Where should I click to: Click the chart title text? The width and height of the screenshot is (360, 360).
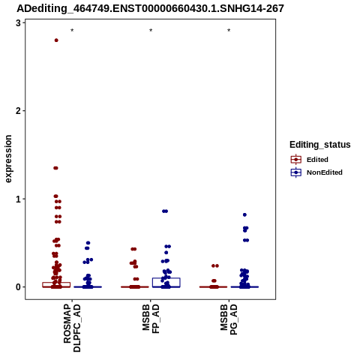[x=150, y=8]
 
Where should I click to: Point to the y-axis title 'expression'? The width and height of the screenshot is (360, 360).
[x=8, y=159]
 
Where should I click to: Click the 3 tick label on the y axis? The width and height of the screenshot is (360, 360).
[x=18, y=23]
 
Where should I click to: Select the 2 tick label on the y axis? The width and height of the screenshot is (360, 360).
[x=18, y=111]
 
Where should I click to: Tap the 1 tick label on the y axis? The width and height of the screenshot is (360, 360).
[x=18, y=199]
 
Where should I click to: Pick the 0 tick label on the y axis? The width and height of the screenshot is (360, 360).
[x=18, y=287]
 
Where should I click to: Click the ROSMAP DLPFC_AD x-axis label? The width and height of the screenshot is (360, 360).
[x=72, y=328]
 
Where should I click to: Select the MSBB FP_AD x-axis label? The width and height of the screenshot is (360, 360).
[x=151, y=319]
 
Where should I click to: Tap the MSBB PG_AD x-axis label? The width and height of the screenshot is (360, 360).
[x=229, y=319]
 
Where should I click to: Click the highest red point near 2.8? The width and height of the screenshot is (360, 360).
[x=56, y=40]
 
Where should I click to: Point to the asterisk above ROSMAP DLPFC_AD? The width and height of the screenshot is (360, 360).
[x=72, y=31]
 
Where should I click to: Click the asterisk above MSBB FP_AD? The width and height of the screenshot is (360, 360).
[x=151, y=31]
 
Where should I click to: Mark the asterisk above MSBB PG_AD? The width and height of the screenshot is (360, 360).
[x=229, y=31]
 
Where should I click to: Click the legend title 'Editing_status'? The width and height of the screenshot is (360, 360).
[x=320, y=145]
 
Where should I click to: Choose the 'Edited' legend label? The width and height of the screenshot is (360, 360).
[x=317, y=160]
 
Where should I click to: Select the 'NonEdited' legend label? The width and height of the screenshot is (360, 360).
[x=325, y=172]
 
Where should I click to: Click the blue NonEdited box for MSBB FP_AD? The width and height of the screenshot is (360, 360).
[x=166, y=278]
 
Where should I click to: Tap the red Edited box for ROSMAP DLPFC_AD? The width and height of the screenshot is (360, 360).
[x=56, y=283]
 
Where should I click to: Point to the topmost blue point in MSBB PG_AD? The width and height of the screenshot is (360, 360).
[x=244, y=214]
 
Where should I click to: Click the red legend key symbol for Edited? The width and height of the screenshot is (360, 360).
[x=296, y=159]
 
